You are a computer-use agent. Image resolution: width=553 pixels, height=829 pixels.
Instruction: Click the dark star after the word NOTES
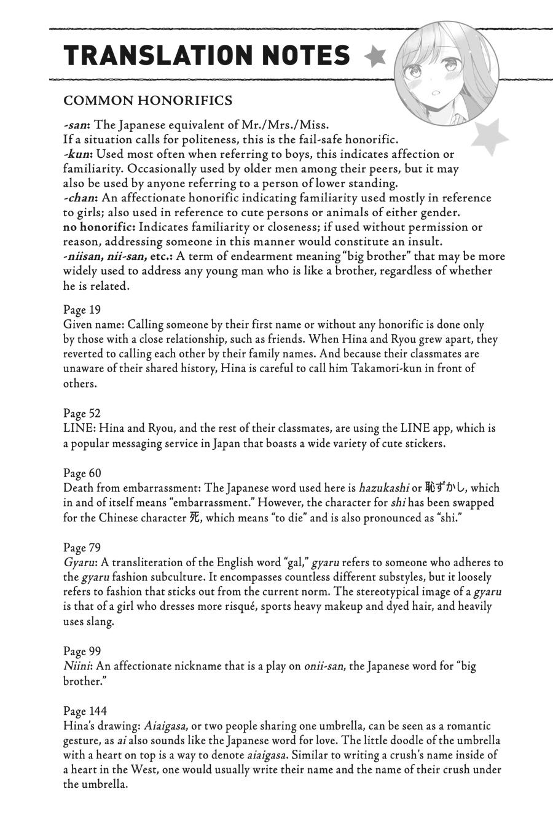coord(375,56)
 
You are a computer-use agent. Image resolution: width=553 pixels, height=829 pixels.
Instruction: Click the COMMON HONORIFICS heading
coord(148,100)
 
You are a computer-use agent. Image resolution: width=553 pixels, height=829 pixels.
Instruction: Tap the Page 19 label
coord(82,309)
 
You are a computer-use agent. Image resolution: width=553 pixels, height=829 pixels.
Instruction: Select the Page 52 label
coord(82,413)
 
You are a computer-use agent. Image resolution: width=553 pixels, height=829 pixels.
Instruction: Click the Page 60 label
coord(82,473)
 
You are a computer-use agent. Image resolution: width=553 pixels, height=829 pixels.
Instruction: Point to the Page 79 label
coord(82,547)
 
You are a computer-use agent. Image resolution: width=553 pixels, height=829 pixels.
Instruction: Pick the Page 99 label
coord(82,651)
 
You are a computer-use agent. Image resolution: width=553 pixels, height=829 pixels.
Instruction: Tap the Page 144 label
coord(85,710)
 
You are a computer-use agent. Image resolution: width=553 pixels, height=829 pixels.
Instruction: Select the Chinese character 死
coord(194,517)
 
